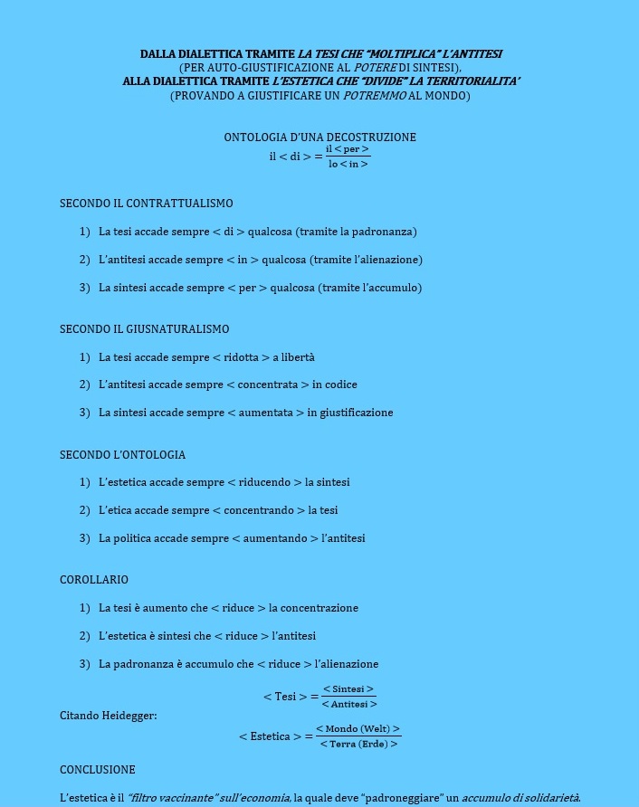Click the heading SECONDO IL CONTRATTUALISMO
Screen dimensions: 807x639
[146, 204]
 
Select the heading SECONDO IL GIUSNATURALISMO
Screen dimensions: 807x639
[144, 329]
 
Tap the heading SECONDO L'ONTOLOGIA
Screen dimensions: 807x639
[122, 455]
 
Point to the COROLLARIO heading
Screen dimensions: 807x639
[94, 580]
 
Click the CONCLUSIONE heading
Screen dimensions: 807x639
[98, 770]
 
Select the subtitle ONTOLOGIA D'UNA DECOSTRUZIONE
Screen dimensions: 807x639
[319, 138]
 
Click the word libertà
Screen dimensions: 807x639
[298, 357]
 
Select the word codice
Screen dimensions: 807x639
[340, 385]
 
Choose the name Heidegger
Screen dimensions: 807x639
[127, 717]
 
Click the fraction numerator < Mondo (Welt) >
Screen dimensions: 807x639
[358, 729]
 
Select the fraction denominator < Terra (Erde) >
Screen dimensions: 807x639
[358, 745]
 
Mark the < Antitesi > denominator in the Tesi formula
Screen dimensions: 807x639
[348, 705]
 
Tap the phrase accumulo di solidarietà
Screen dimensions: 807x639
[520, 798]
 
